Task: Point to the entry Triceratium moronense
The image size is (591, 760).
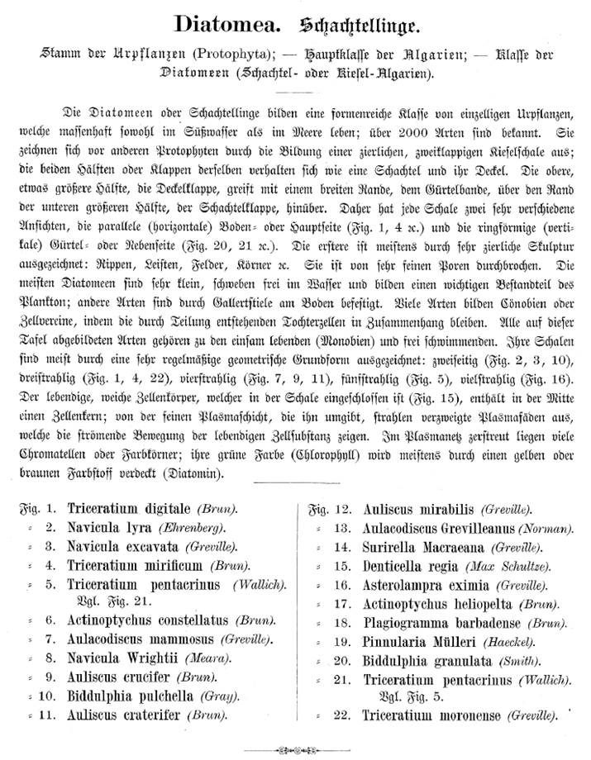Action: point(431,715)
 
